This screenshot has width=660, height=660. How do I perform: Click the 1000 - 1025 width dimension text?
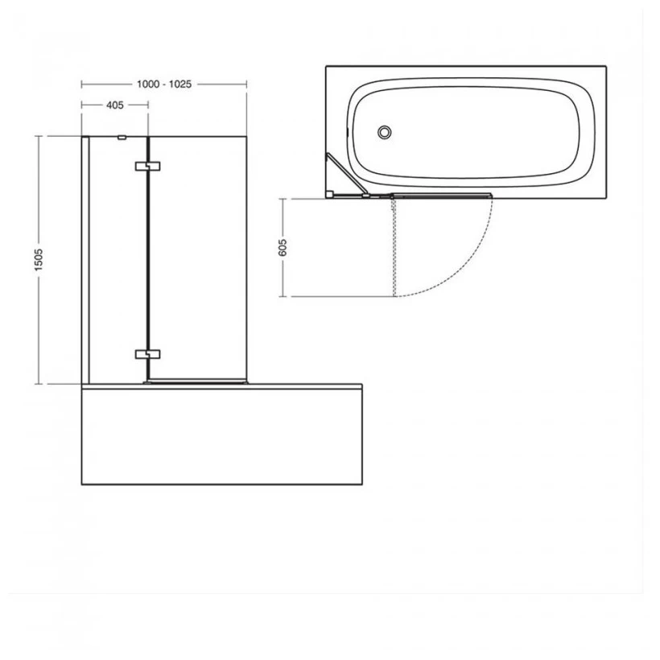(x=163, y=84)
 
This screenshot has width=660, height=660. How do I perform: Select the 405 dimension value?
(x=113, y=105)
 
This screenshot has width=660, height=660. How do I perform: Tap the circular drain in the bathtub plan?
(x=385, y=131)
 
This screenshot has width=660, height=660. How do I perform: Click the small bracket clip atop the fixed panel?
(x=122, y=138)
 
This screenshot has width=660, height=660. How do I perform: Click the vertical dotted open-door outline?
(x=394, y=245)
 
